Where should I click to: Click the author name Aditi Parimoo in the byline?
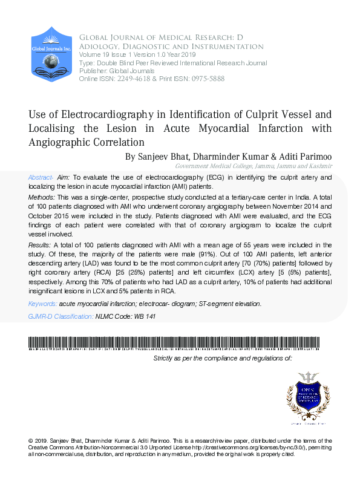pyautogui.click(x=303, y=156)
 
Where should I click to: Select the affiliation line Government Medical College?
pyautogui.click(x=212, y=166)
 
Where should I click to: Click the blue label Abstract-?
pyautogui.click(x=41, y=177)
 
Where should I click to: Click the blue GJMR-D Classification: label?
pyautogui.click(x=61, y=316)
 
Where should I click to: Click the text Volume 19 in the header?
pyautogui.click(x=95, y=54)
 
